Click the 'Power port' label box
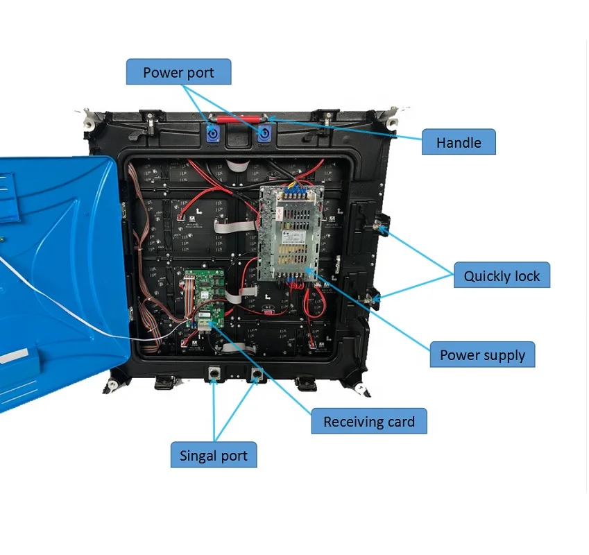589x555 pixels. pyautogui.click(x=178, y=71)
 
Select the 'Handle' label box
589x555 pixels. pyautogui.click(x=459, y=142)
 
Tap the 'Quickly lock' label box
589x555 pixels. pyautogui.click(x=502, y=275)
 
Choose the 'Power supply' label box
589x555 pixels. pyautogui.click(x=482, y=355)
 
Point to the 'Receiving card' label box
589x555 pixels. pyautogui.click(x=369, y=421)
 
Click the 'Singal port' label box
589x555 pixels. pyautogui.click(x=214, y=454)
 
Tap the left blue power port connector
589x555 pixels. pyautogui.click(x=213, y=133)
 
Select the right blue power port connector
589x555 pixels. pyautogui.click(x=264, y=133)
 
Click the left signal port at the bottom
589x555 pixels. pyautogui.click(x=214, y=373)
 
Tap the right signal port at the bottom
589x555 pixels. pyautogui.click(x=257, y=373)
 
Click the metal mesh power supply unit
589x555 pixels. pyautogui.click(x=291, y=233)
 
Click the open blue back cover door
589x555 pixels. pyautogui.click(x=60, y=278)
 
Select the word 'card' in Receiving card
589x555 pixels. pyautogui.click(x=401, y=421)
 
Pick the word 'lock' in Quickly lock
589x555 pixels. pyautogui.click(x=527, y=275)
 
